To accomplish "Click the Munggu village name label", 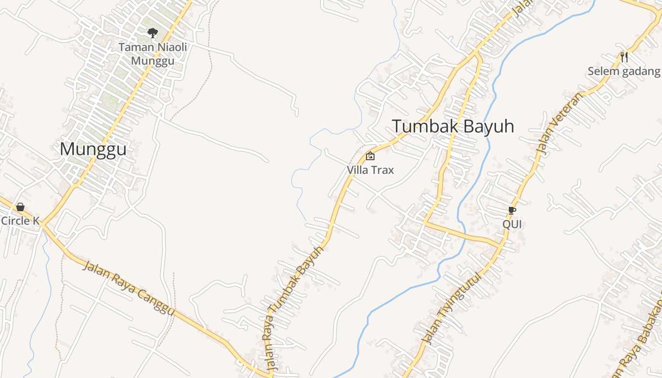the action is (93, 149).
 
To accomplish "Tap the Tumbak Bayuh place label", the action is (453, 127).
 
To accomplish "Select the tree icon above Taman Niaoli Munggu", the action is (152, 33).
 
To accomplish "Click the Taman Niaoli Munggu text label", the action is (152, 54).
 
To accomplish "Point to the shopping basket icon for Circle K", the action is (20, 207).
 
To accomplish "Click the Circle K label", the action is (20, 221).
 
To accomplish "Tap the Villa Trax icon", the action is (370, 156).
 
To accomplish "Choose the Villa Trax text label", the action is (370, 170).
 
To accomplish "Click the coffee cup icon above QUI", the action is (512, 210).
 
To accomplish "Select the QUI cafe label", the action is (512, 224).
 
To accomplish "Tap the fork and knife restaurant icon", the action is (624, 57).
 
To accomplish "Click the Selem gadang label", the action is (624, 71).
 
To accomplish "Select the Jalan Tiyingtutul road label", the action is (452, 308).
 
